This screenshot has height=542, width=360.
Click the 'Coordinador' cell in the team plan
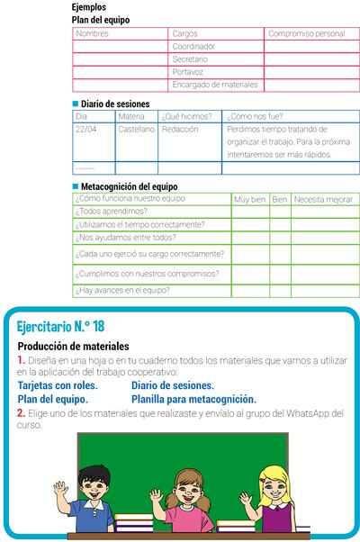[193, 46]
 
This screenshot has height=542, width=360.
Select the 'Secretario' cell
[190, 59]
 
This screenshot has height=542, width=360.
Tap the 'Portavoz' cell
[188, 71]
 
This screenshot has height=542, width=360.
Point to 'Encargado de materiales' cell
[214, 85]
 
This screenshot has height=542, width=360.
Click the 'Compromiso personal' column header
[306, 33]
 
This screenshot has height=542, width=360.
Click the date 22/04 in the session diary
[86, 129]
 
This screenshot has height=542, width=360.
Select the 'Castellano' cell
[136, 129]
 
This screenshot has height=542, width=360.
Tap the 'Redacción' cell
[180, 129]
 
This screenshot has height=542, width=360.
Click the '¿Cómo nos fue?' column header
[254, 116]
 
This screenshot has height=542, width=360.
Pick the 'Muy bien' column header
[249, 199]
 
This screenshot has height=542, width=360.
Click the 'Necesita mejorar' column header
[323, 199]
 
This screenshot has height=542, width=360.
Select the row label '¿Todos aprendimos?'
[112, 212]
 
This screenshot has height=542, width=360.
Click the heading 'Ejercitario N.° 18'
[60, 325]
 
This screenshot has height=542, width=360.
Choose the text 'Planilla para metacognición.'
[193, 399]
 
